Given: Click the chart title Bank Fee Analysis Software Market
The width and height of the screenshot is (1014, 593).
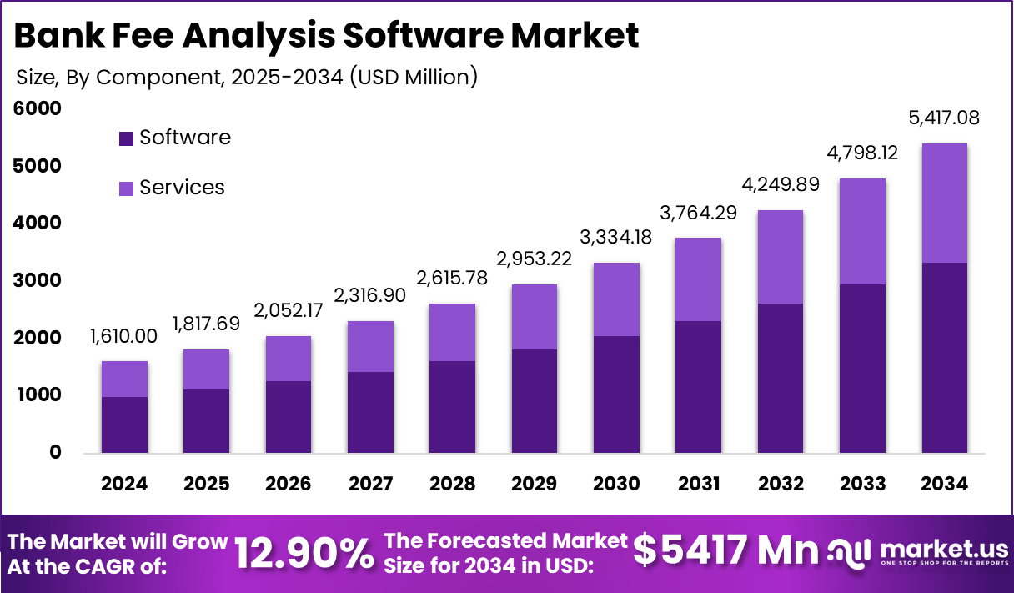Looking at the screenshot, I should [327, 36].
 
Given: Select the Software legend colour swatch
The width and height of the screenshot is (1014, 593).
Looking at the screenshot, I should [126, 138].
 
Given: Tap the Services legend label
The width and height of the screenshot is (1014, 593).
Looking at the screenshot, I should [182, 188].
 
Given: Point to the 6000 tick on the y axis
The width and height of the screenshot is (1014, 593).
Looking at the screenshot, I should [38, 108].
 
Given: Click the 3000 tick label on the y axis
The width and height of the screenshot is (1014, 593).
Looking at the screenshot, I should [38, 280].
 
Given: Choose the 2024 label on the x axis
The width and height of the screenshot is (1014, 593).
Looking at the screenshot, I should [124, 485].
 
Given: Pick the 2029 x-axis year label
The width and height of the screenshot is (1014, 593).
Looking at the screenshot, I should [534, 485].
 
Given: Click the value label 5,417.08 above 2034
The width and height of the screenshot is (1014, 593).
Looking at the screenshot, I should [944, 118].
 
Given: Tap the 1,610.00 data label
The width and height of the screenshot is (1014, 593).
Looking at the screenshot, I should [124, 336].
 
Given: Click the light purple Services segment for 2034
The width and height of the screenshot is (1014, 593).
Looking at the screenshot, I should [944, 203].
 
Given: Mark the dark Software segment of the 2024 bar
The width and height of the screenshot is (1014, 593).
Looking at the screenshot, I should [124, 425].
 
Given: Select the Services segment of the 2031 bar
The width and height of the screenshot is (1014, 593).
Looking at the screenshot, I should [698, 279].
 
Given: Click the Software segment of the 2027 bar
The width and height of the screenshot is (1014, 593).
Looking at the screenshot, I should [370, 412].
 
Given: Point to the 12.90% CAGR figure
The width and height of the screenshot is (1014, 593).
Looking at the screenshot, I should [304, 553].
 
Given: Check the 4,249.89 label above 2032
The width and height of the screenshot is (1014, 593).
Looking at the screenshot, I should [780, 183].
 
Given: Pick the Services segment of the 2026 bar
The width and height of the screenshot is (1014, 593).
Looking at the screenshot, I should [288, 359].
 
